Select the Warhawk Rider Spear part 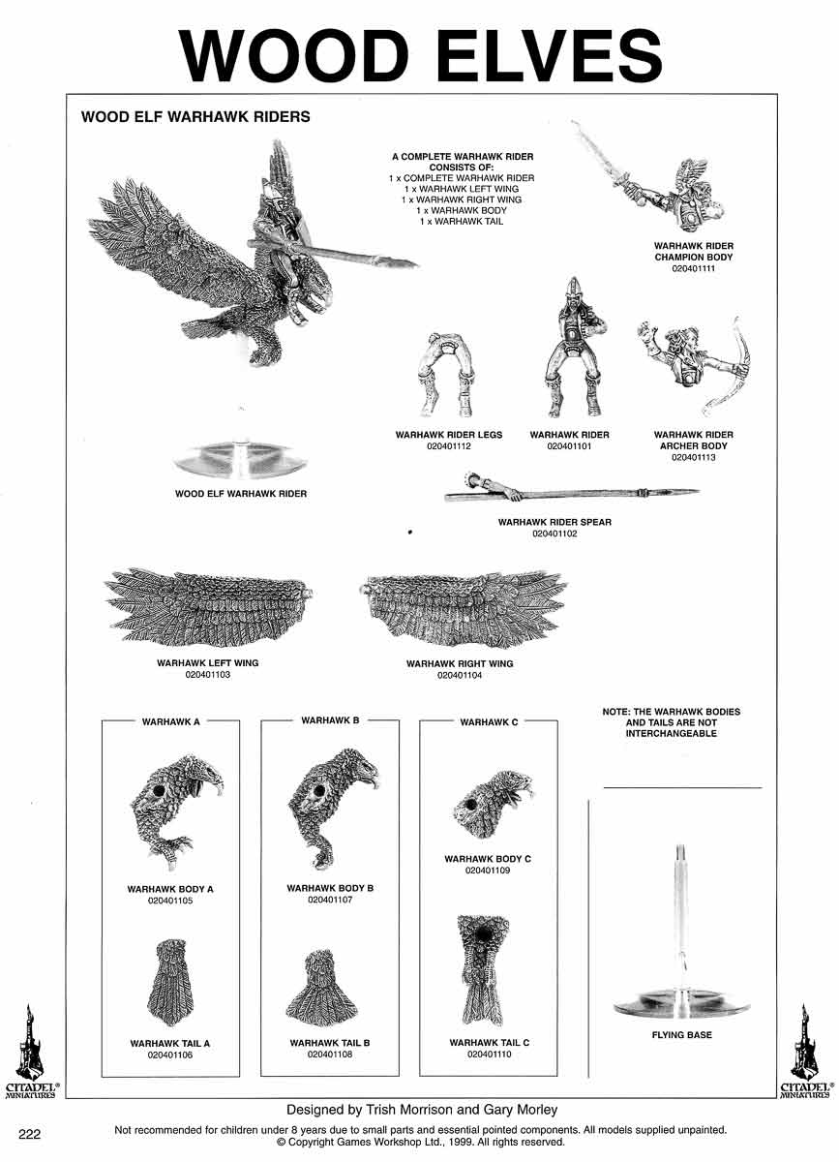(570, 490)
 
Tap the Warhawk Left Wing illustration (208, 608)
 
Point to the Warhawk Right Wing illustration (462, 609)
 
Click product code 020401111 (693, 268)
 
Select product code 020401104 (460, 675)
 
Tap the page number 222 (29, 1134)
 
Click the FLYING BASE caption (682, 1034)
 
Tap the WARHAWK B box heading (330, 720)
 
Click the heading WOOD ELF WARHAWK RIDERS (195, 117)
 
